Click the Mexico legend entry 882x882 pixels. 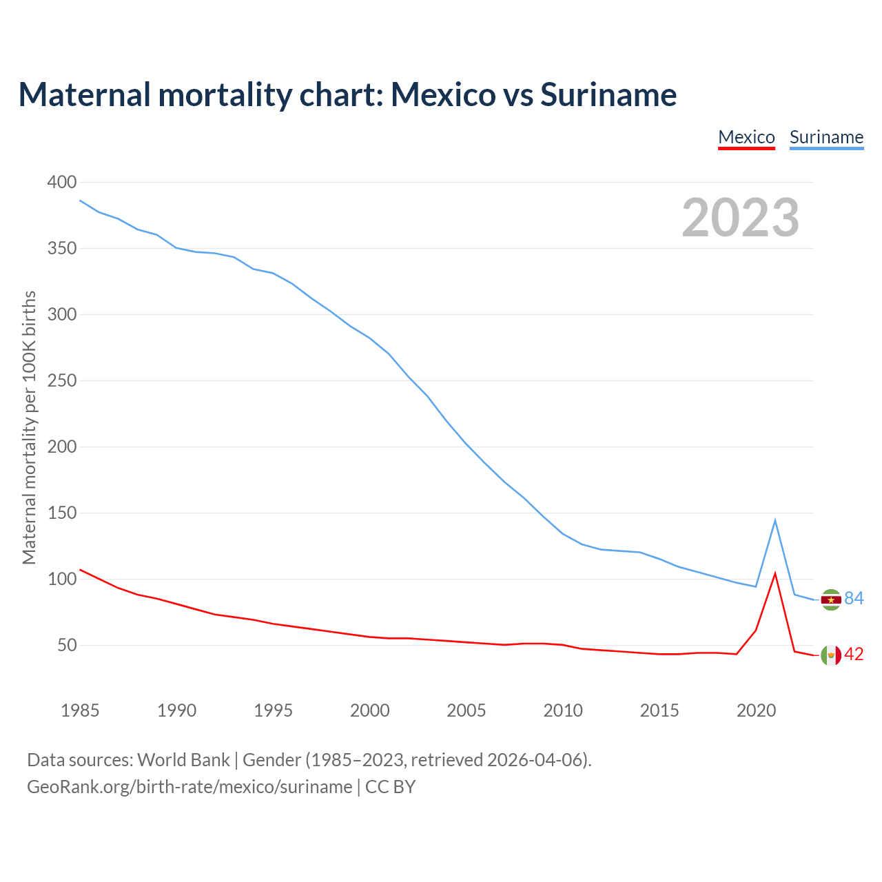(x=746, y=137)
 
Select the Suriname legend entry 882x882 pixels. (x=826, y=137)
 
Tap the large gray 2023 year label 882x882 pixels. (x=740, y=218)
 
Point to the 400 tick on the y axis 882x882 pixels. (x=62, y=183)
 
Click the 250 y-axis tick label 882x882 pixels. (x=62, y=381)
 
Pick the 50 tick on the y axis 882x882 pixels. (x=67, y=646)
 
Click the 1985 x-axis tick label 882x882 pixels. (x=80, y=710)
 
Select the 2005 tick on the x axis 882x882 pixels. (x=466, y=710)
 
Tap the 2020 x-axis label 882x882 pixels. (x=756, y=710)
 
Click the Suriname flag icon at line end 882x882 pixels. (x=831, y=599)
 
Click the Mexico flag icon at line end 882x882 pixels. (x=831, y=655)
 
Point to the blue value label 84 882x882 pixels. (x=854, y=598)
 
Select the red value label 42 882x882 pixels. (x=854, y=654)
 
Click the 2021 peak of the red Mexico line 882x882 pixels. (x=775, y=573)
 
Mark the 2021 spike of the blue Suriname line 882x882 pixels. (x=775, y=520)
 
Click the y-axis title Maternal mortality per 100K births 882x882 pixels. (x=29, y=427)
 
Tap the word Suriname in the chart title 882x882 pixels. (x=608, y=94)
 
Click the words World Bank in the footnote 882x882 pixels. (x=183, y=760)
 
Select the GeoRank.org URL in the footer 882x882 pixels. (x=189, y=787)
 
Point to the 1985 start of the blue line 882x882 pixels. (x=81, y=201)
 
